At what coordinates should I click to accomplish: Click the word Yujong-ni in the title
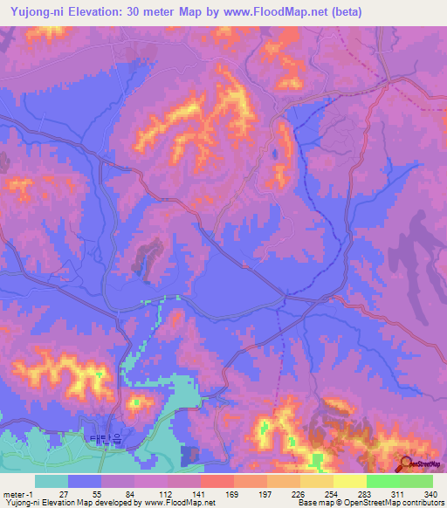(38, 12)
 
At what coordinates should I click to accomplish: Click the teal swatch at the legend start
(52, 481)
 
